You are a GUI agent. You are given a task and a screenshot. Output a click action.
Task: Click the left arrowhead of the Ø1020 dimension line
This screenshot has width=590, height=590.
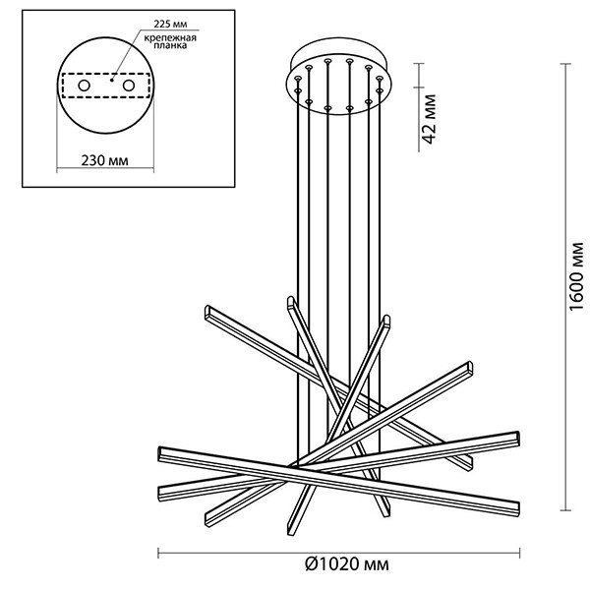point(161,550)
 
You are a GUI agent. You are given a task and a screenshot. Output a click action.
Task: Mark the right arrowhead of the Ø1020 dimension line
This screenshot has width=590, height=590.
point(520,550)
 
